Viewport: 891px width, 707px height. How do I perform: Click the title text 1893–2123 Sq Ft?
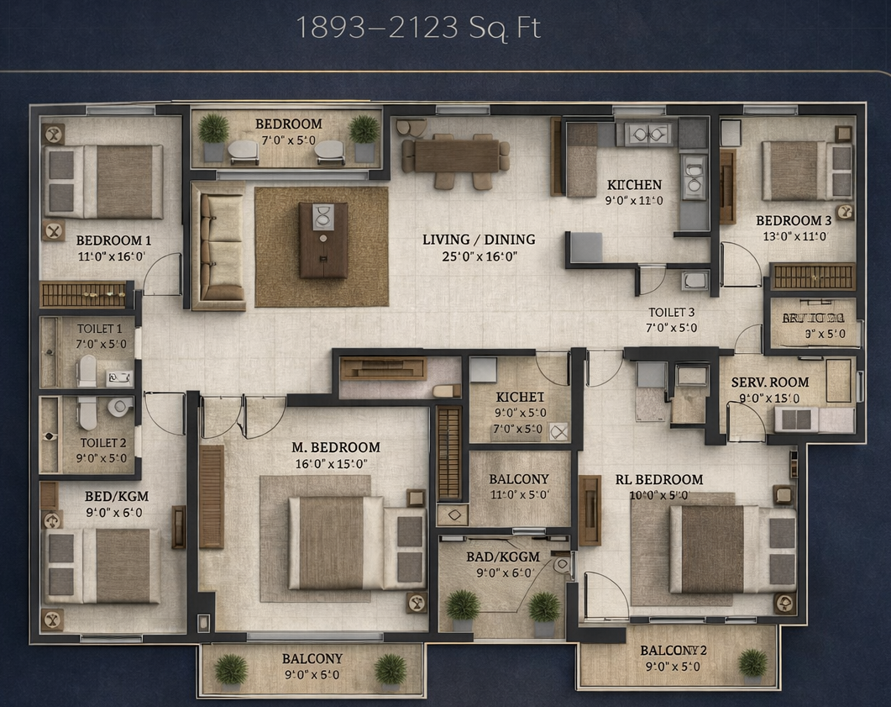(417, 28)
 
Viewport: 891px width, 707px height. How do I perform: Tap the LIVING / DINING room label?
(479, 240)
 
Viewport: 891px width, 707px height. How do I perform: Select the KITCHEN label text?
(634, 185)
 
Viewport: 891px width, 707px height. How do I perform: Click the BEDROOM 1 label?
(113, 240)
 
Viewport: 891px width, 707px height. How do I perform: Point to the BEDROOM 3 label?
(794, 221)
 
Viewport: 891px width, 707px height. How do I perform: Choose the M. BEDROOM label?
(335, 447)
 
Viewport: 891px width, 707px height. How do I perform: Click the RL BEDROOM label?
(658, 480)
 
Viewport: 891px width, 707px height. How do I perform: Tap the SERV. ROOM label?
(769, 382)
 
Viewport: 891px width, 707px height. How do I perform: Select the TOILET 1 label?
(100, 329)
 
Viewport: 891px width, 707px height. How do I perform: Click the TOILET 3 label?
(669, 312)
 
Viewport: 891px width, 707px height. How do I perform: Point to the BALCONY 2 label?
(673, 651)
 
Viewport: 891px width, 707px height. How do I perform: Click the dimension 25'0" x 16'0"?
(479, 257)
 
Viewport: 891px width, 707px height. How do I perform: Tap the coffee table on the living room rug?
(323, 240)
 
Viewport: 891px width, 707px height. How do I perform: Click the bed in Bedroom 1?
(104, 182)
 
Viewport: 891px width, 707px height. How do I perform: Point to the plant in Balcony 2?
(752, 663)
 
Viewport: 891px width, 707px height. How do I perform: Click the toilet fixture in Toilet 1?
(87, 371)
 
